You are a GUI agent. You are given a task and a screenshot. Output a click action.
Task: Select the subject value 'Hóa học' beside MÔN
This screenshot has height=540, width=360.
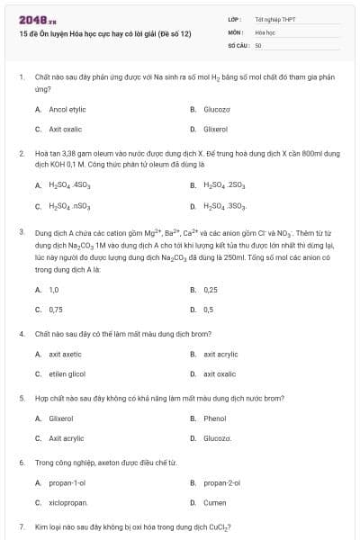click(x=265, y=31)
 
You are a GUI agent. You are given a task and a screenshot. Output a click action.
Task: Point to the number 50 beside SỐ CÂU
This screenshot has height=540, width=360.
click(x=258, y=44)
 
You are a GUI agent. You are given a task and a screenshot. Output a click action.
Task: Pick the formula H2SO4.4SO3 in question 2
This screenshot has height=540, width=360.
click(x=68, y=185)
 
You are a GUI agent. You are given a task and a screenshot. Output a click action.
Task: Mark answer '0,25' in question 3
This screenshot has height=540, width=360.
click(x=211, y=290)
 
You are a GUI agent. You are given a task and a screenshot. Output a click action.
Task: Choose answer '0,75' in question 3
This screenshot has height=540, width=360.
click(x=56, y=310)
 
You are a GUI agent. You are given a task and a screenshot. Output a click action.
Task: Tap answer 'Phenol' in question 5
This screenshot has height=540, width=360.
click(x=215, y=418)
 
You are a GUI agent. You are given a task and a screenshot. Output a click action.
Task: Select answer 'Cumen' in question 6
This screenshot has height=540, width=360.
click(x=215, y=502)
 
